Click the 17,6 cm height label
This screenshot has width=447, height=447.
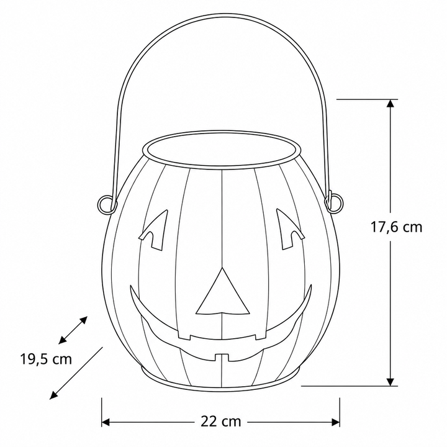(x=396, y=227)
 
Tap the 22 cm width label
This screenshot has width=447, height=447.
(x=221, y=422)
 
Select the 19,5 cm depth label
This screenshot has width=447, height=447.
(x=45, y=359)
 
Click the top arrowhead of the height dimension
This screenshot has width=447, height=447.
(x=391, y=103)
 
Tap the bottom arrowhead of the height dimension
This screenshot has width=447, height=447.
(x=391, y=382)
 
